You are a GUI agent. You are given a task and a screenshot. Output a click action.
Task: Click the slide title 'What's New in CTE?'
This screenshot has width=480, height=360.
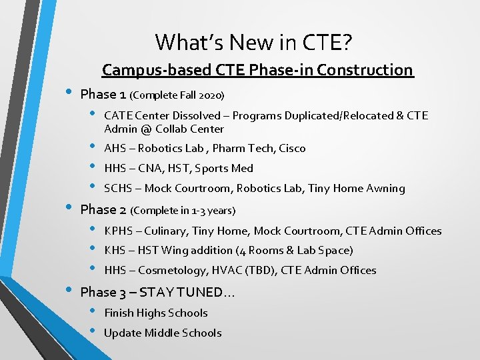[253, 43]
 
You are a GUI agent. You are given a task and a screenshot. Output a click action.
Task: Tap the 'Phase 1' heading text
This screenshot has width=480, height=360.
[103, 93]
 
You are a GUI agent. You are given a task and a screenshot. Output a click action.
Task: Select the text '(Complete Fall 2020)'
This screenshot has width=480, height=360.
[177, 95]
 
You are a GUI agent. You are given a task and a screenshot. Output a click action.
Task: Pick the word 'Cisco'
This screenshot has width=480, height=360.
[292, 149]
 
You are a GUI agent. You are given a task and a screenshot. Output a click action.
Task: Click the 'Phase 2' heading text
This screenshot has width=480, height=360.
[103, 209]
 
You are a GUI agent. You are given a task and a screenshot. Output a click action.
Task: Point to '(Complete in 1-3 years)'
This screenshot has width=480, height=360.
[183, 211]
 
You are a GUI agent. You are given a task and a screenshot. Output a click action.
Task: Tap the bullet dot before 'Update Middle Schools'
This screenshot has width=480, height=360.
[93, 332]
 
